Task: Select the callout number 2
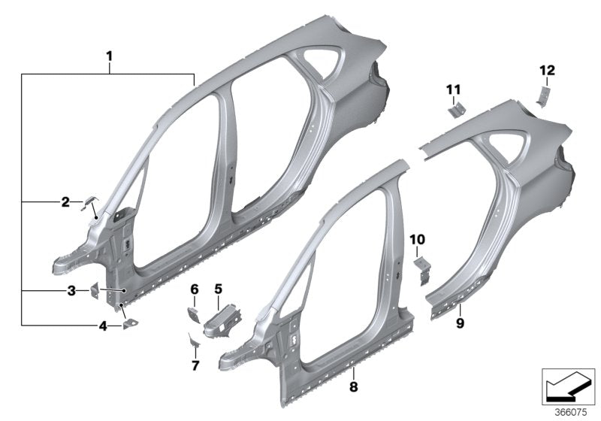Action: pos(65,201)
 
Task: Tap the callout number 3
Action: pos(71,290)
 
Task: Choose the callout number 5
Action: pos(219,288)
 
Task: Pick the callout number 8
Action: pos(353,369)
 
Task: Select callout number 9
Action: pos(460,323)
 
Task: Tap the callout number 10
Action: pos(418,239)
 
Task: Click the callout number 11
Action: pos(452,90)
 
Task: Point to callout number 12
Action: pos(546,70)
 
